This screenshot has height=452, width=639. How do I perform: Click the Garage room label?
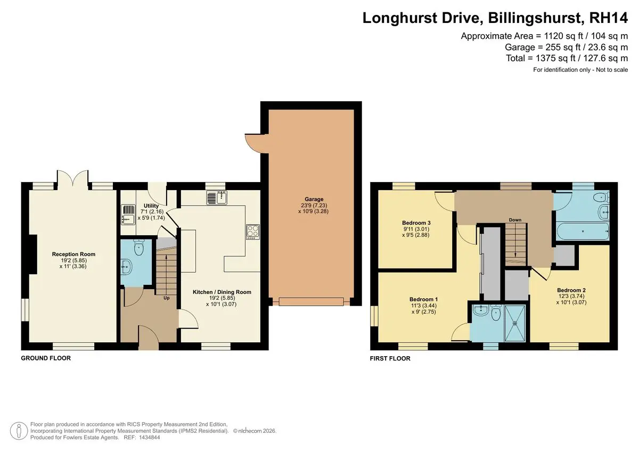click(x=314, y=199)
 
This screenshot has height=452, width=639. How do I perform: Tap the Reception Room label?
click(x=73, y=254)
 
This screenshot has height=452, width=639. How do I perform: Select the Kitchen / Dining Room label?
click(x=222, y=292)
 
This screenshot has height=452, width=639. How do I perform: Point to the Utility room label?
click(x=151, y=206)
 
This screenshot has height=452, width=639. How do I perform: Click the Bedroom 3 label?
click(x=416, y=223)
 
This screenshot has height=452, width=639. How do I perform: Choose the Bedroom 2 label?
click(x=571, y=290)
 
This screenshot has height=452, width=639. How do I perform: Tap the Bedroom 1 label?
click(x=423, y=299)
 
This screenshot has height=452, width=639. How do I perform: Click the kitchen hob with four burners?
click(x=253, y=232)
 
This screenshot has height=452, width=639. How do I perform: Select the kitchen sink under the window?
click(x=217, y=198)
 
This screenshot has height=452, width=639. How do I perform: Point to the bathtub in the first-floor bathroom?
click(x=583, y=231)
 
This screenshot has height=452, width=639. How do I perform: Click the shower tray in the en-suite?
click(x=515, y=323)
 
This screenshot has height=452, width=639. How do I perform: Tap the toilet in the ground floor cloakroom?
click(x=139, y=248)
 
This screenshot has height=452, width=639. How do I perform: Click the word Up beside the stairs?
click(x=167, y=298)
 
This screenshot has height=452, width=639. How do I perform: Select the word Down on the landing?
click(x=515, y=220)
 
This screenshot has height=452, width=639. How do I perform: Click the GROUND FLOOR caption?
click(x=46, y=358)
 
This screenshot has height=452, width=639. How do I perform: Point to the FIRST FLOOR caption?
click(x=390, y=358)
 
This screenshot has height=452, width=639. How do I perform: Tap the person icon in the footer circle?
click(x=19, y=431)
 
